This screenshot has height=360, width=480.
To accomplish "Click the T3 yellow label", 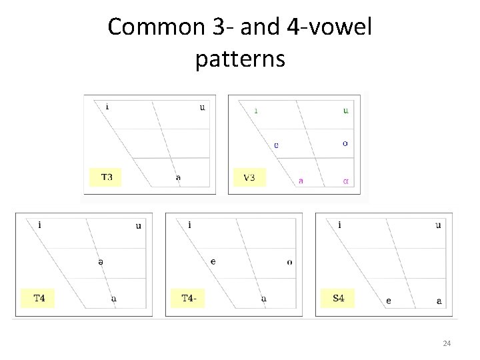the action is click(106, 177).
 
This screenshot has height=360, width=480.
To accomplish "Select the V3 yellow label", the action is click(249, 177).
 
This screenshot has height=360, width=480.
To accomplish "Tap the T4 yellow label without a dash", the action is click(39, 298).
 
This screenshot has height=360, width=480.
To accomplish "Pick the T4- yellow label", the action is click(189, 298).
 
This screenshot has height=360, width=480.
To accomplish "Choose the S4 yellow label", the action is click(339, 298).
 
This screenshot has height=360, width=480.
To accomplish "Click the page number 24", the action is click(447, 343).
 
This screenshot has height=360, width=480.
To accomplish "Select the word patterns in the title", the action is click(240, 59).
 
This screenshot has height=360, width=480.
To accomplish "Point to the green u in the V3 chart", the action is click(345, 111).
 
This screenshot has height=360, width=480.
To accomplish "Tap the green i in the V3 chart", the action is click(256, 111).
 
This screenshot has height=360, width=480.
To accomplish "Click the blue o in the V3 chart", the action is click(345, 143).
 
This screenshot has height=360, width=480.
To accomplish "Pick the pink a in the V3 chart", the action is click(301, 179).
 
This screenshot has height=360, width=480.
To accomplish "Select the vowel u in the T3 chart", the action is click(203, 107).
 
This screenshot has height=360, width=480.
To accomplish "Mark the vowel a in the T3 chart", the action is click(178, 177).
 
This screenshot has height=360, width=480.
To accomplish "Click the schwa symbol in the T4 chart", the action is click(101, 262).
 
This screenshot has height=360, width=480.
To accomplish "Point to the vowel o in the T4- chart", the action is click(289, 262).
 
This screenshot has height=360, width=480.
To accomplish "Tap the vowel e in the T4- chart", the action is click(213, 261).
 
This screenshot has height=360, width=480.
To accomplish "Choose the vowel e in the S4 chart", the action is click(389, 301).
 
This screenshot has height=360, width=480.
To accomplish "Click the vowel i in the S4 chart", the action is click(340, 225).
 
